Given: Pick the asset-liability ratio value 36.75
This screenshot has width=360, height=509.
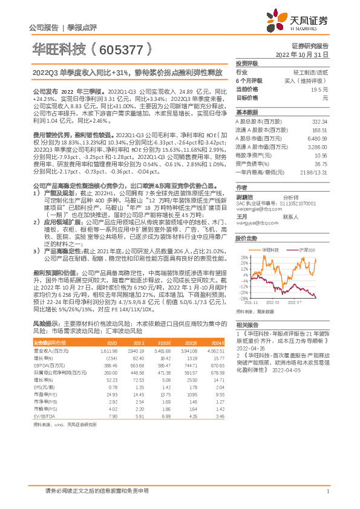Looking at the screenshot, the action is (x=320, y=163).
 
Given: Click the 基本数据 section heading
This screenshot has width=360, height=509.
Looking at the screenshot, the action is (x=246, y=112).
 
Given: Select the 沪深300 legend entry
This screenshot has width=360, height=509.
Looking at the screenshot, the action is (x=308, y=249).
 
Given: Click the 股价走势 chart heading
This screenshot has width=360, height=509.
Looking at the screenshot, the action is (x=246, y=238).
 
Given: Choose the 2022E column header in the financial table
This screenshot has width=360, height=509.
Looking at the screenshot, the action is (x=164, y=343).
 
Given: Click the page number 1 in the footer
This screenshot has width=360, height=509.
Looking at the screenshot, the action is (x=327, y=491).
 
